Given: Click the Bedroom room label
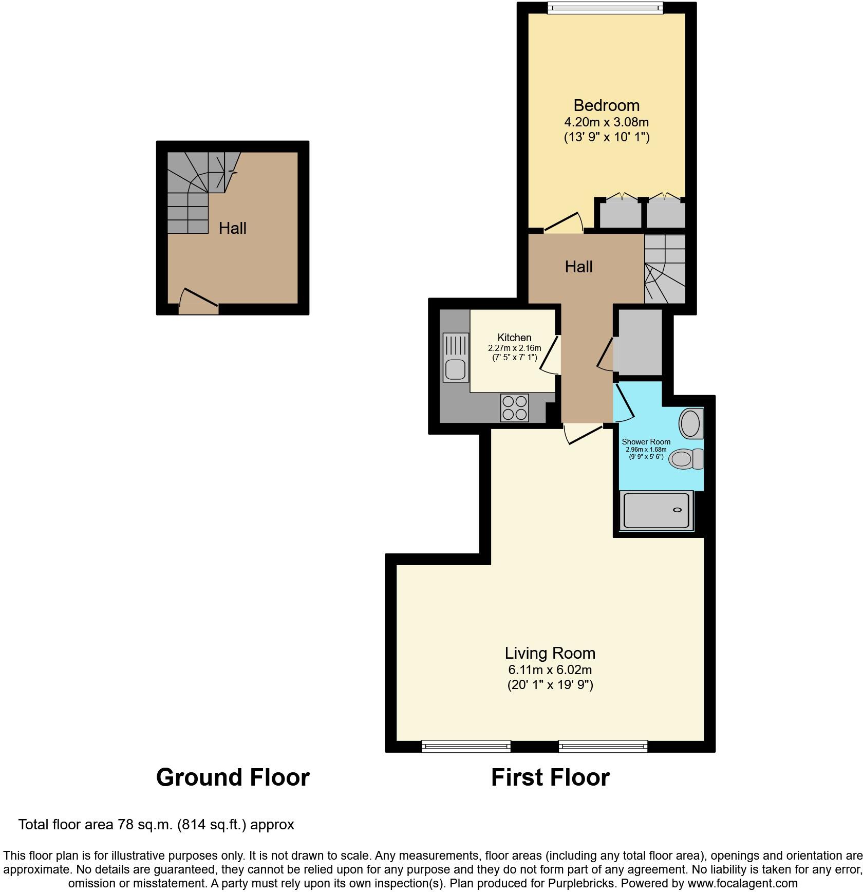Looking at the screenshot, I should click(606, 105).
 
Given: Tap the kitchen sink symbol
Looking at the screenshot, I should click(456, 358).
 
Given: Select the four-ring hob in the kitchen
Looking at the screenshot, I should click(514, 408).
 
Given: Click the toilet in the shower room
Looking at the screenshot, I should click(686, 458).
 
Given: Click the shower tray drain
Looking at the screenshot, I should click(677, 510).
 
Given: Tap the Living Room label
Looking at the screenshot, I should click(550, 653).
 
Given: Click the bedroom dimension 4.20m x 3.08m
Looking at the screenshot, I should click(606, 122).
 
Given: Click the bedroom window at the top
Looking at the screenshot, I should click(605, 7).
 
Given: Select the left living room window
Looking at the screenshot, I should click(466, 746).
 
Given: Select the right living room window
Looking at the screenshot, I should click(603, 746).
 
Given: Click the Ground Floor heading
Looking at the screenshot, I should click(233, 777).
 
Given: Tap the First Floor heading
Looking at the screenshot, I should click(550, 777).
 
